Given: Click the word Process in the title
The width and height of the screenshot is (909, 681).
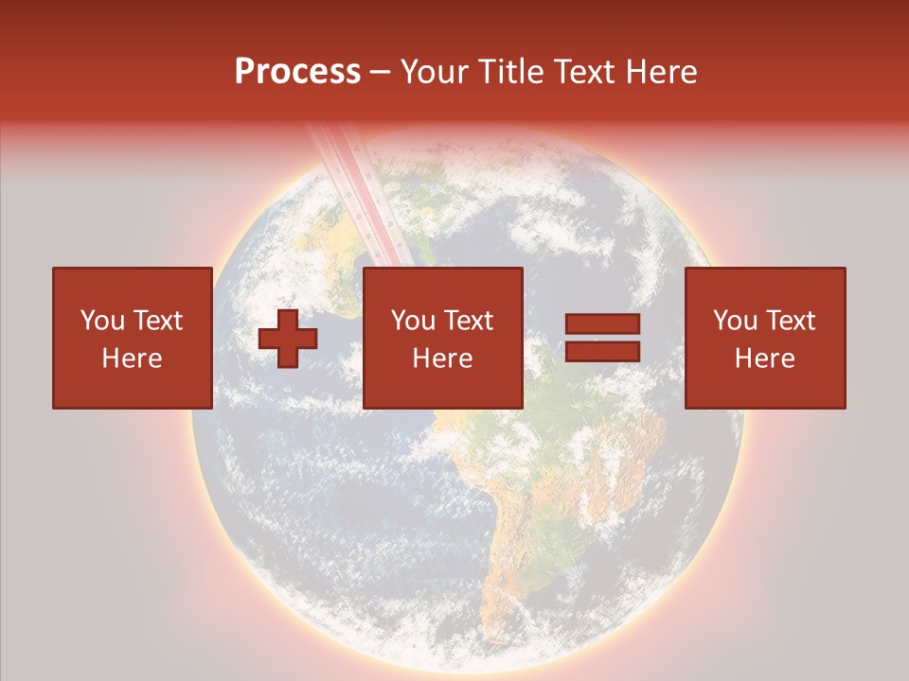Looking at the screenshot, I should coord(297,72).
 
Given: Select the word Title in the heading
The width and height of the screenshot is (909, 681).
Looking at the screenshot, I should coord(508,72).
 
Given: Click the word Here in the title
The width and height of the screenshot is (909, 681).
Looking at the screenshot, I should coord(663,72).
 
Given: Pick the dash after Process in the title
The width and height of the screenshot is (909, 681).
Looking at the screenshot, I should coord(380,73).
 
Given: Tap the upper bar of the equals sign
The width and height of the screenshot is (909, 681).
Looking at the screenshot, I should coord(602,324).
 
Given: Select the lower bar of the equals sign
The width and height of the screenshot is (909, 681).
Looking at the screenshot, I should coord(602,352).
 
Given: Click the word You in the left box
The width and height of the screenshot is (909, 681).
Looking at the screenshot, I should coord(101,321).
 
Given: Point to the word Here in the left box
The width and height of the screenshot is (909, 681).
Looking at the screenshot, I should coord(132,358).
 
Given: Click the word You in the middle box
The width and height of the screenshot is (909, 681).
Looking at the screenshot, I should coord(412,321).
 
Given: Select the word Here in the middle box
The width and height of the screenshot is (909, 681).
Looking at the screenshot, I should coord(442,358).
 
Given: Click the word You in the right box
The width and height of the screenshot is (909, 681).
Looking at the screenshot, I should coord(734,321).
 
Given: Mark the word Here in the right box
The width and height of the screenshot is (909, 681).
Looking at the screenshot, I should coord(764,358).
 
